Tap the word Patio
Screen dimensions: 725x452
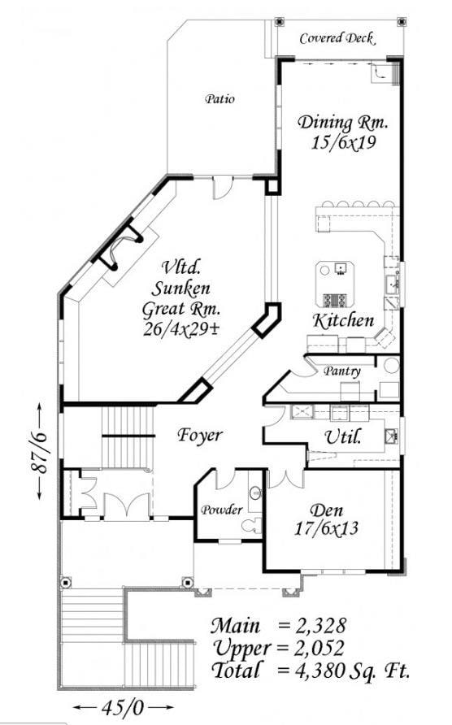(x=219, y=99)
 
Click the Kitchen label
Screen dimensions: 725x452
(x=345, y=319)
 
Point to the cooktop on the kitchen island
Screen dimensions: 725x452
(x=334, y=298)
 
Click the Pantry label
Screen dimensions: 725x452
(x=341, y=371)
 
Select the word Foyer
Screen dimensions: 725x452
(x=200, y=436)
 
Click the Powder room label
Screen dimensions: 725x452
(x=221, y=510)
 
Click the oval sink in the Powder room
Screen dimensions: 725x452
(x=254, y=493)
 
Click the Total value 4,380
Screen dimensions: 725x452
(x=314, y=671)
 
